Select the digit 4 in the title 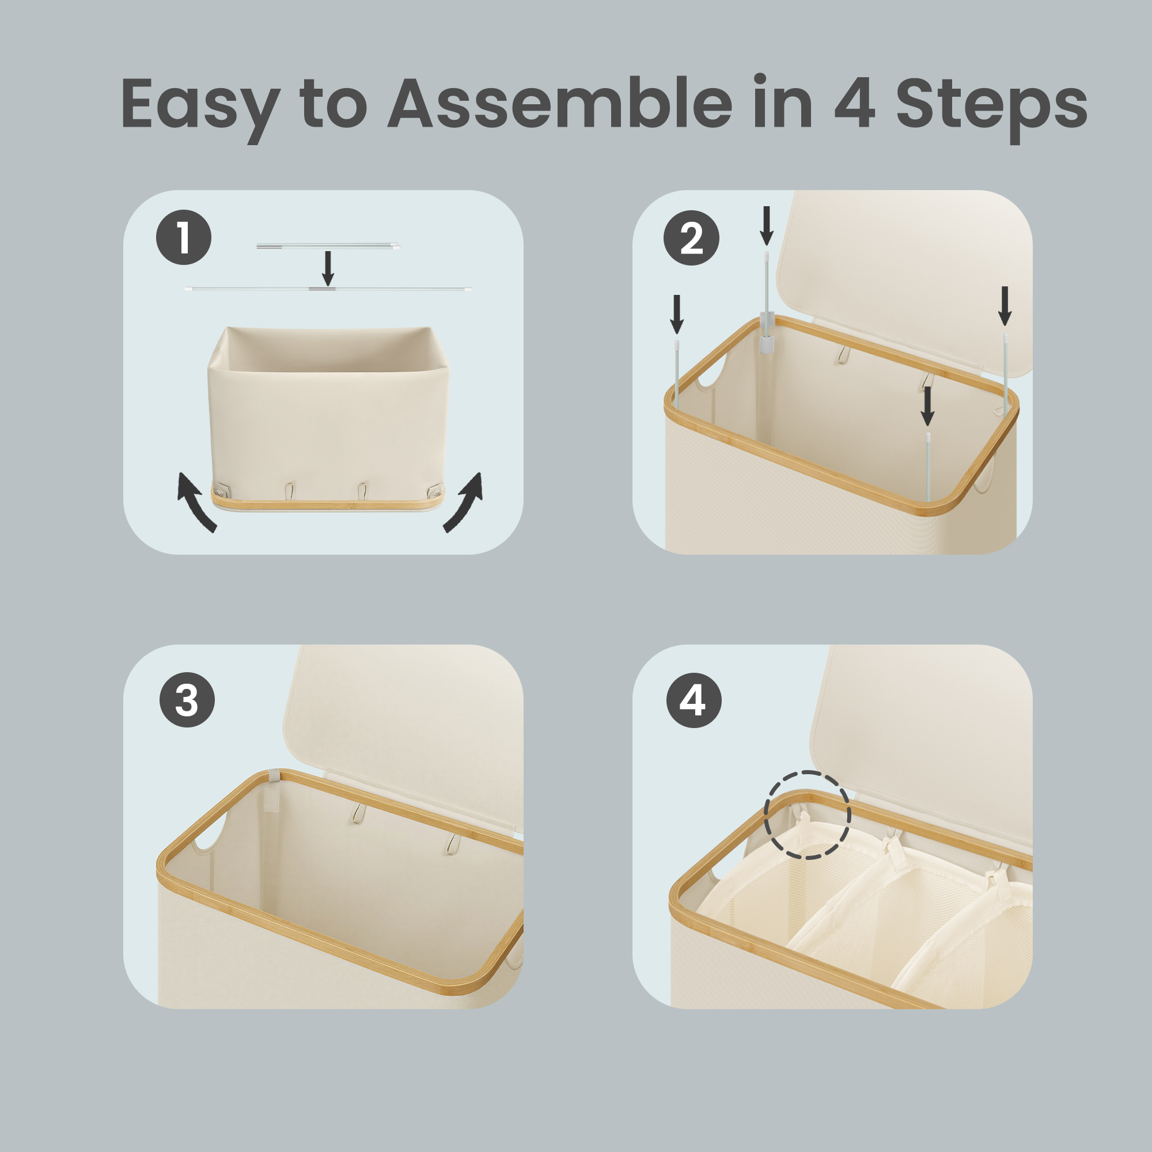click(854, 103)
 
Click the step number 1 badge click(184, 237)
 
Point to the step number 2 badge click(692, 238)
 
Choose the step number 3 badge click(187, 699)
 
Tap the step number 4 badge click(694, 700)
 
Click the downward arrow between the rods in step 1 click(327, 268)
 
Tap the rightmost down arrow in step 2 click(1005, 306)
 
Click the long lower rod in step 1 click(328, 289)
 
